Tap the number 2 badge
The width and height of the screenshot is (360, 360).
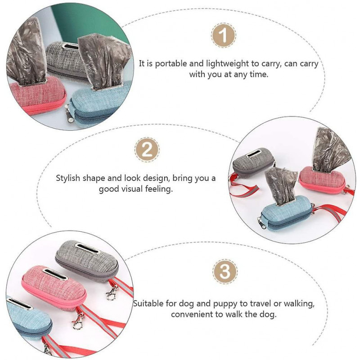147,150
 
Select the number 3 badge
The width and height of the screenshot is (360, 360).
225,271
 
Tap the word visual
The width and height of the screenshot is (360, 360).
135,189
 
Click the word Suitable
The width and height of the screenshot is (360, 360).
148,304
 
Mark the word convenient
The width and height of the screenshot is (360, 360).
193,314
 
